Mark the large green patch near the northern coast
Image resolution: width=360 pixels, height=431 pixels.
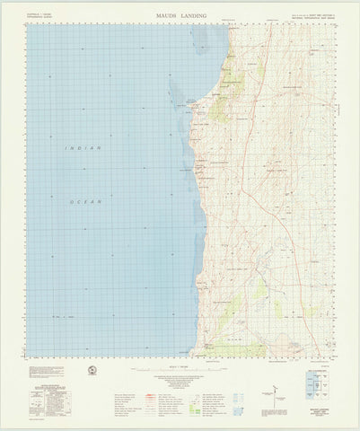coord(219,106)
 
